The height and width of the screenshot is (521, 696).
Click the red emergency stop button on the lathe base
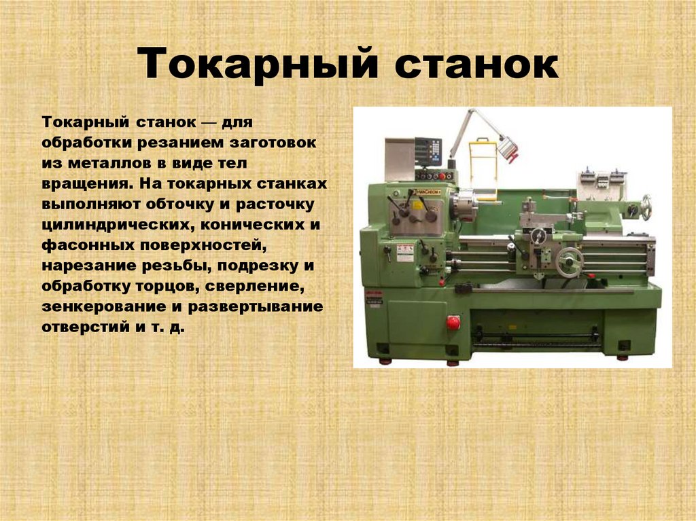coord(453,323)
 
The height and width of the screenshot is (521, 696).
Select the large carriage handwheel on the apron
coord(570,262)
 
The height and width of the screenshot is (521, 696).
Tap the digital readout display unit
coord(428,152)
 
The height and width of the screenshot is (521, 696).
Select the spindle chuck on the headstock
coord(466,204)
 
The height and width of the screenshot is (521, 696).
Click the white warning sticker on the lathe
coord(405,253)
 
